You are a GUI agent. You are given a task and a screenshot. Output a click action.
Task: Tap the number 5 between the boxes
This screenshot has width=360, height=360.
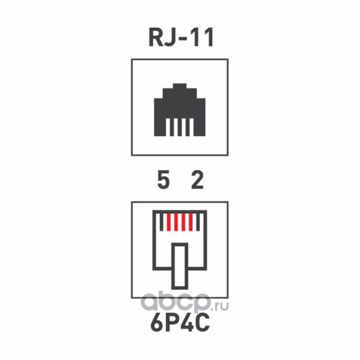(164, 181)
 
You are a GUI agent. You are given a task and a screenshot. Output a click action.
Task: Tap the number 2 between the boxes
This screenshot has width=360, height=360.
(197, 181)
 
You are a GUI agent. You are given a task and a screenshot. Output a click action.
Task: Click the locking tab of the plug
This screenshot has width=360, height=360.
(180, 265)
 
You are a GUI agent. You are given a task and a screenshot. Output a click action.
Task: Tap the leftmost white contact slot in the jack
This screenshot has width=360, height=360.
(171, 129)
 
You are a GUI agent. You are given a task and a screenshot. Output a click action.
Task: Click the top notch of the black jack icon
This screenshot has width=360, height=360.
(180, 86)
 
